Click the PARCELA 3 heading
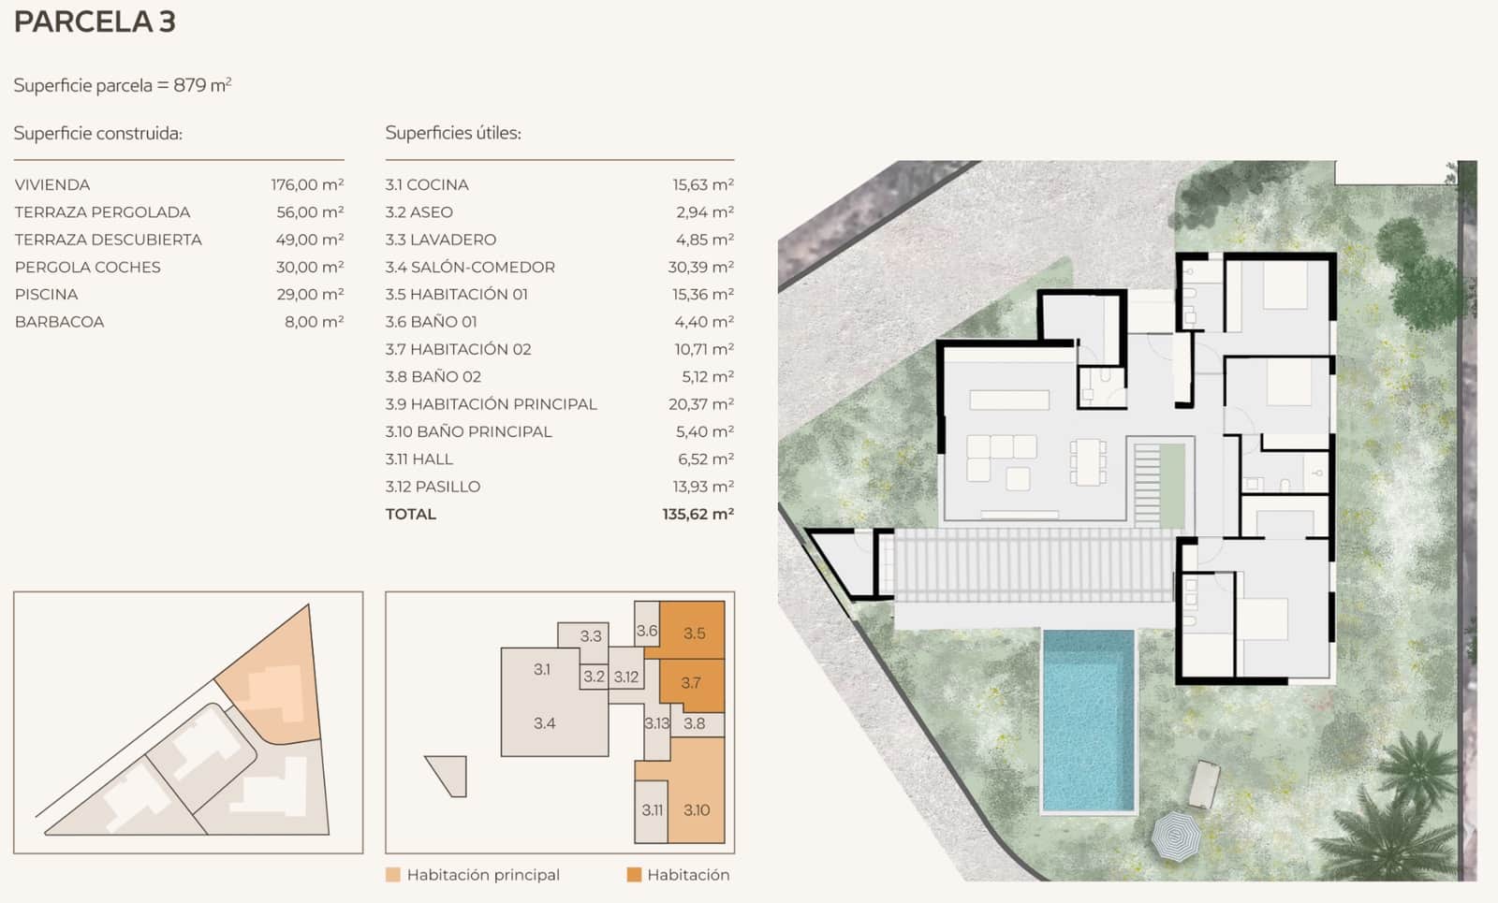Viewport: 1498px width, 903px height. coord(95,22)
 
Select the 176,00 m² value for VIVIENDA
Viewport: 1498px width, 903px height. coord(307,184)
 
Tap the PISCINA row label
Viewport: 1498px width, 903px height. coord(46,294)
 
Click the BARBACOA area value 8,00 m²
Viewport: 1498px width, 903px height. coord(314,321)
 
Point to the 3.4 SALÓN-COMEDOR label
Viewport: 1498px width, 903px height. coord(470,267)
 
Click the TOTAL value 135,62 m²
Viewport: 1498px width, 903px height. coord(698,514)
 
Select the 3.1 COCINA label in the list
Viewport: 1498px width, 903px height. coord(427,184)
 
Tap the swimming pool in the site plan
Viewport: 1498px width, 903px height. coord(1088,719)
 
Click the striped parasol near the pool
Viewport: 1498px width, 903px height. coord(1176,836)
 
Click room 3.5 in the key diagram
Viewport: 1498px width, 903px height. coord(694,633)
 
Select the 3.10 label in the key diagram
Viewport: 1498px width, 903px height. coord(697,809)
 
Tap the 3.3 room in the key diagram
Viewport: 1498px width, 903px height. coord(590,635)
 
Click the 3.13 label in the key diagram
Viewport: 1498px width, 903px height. coord(657,722)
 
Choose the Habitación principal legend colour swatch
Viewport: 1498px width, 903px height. coord(393,874)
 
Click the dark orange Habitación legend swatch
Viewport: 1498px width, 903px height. coord(634,874)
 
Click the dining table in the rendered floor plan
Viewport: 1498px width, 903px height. coord(1088,462)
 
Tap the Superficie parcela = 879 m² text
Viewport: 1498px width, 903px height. coord(123,85)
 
